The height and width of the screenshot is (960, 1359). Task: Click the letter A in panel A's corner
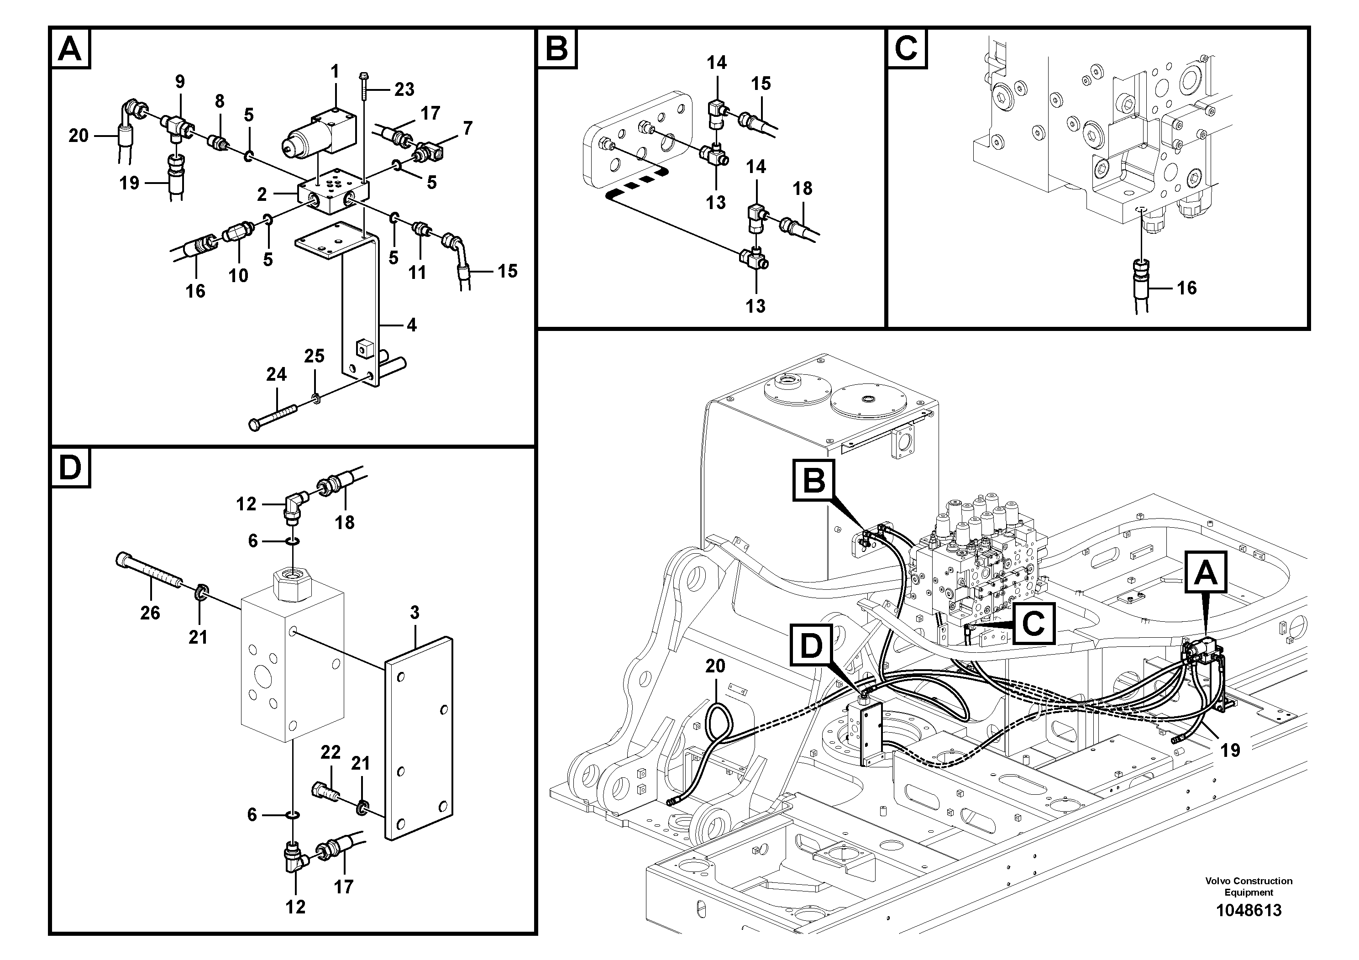pyautogui.click(x=70, y=49)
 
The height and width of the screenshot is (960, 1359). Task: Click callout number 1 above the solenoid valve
pyautogui.click(x=335, y=72)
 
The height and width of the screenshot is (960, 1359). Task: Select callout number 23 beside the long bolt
pyautogui.click(x=404, y=89)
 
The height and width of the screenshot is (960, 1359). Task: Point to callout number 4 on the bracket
pyautogui.click(x=411, y=325)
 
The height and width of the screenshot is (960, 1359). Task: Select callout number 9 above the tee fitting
pyautogui.click(x=180, y=82)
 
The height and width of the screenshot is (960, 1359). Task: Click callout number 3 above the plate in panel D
pyautogui.click(x=415, y=613)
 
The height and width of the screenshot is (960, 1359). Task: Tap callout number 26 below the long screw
pyautogui.click(x=150, y=613)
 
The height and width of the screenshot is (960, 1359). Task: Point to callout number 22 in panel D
pyautogui.click(x=331, y=752)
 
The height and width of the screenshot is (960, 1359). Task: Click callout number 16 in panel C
pyautogui.click(x=1186, y=288)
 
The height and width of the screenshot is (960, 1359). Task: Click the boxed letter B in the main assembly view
pyautogui.click(x=814, y=480)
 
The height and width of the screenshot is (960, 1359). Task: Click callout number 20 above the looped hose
pyautogui.click(x=715, y=666)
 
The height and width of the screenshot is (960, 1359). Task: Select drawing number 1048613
pyautogui.click(x=1249, y=910)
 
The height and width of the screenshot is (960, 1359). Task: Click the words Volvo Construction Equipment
pyautogui.click(x=1249, y=887)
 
